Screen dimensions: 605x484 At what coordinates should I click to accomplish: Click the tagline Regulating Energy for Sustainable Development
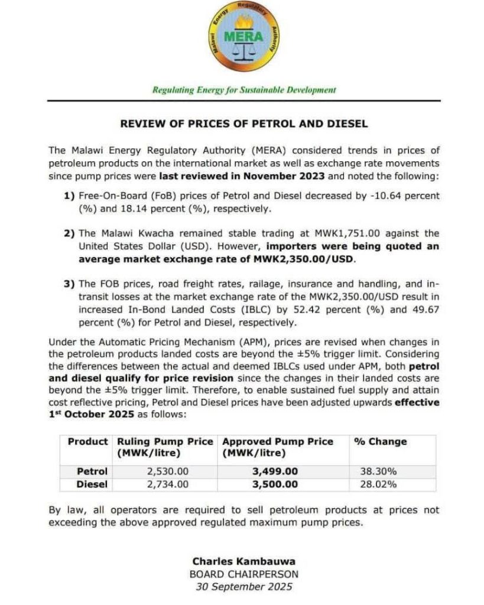coord(244,90)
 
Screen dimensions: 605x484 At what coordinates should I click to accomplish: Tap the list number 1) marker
coord(69,194)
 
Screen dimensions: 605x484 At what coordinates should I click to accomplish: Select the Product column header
coord(88,441)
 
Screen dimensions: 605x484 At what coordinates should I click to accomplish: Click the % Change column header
coord(379,441)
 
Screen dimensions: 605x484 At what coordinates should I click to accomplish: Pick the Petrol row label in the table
coord(93,471)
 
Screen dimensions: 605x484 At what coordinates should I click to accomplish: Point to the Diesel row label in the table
coord(92,484)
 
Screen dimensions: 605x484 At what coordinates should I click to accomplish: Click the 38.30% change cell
coord(378,471)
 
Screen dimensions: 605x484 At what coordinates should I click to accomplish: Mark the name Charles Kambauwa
coord(244,561)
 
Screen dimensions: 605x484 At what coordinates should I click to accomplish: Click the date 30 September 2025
coord(244,587)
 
